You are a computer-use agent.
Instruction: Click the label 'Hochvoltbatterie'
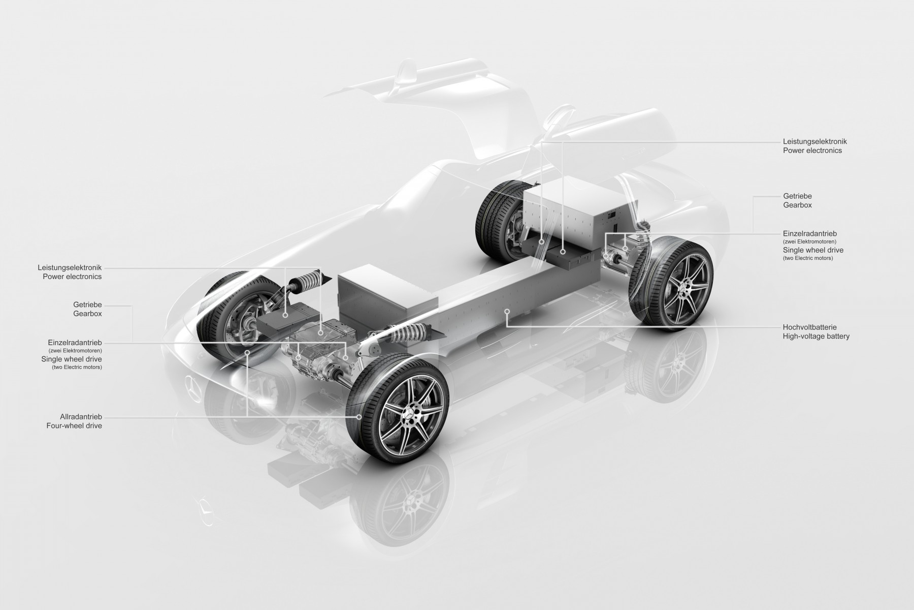[809, 327]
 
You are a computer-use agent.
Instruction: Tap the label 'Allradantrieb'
[75, 417]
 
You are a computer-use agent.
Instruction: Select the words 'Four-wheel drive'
[74, 426]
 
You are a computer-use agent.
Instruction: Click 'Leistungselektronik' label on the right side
[814, 141]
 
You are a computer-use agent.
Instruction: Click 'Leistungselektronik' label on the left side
[70, 267]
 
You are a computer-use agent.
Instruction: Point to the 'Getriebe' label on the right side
[797, 196]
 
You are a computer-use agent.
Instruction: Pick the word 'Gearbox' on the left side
[87, 314]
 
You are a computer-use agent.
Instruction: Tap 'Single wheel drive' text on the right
[813, 250]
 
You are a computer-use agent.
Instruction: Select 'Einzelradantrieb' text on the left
[75, 343]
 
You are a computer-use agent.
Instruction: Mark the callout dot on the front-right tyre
[360, 416]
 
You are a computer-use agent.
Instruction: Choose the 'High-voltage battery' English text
[816, 337]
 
